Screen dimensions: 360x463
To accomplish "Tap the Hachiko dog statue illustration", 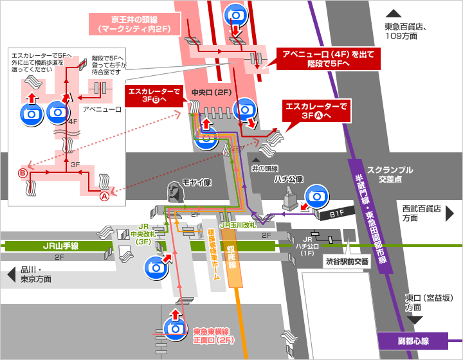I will (x=291, y=197).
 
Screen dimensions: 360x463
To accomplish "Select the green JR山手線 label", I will (x=60, y=246).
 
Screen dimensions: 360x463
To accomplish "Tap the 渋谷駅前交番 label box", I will (x=348, y=262).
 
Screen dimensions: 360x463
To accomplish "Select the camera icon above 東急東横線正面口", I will (x=175, y=327).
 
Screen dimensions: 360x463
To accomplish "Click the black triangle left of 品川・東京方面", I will (x=10, y=275).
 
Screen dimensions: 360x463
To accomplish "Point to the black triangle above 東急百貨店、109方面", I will (x=394, y=13).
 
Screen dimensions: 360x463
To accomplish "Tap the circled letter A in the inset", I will (x=104, y=196).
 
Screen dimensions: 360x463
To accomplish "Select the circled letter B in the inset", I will (x=23, y=173).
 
